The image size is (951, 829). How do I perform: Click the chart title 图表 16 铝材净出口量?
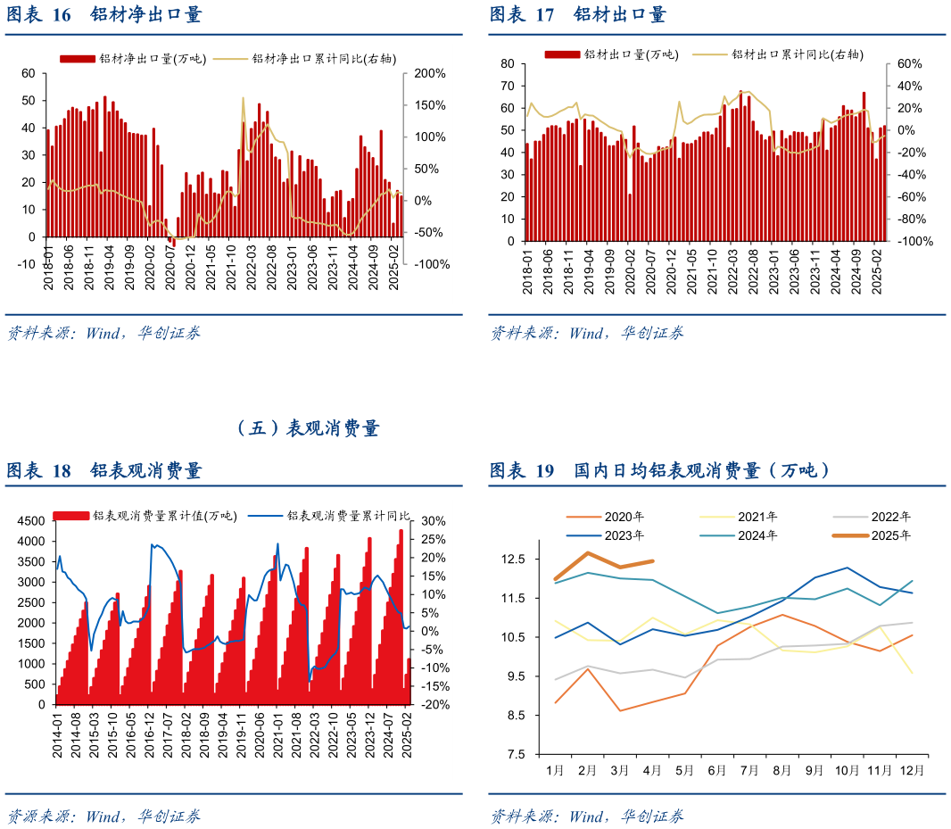pyautogui.click(x=104, y=15)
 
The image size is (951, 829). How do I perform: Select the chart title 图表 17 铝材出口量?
pyautogui.click(x=578, y=15)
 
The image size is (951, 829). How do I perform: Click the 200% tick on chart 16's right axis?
pyautogui.click(x=429, y=73)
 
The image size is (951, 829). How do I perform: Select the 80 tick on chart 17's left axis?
pyautogui.click(x=508, y=64)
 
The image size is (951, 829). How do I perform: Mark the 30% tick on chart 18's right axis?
pyautogui.click(x=433, y=521)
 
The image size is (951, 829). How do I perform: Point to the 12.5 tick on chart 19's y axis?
pyautogui.click(x=514, y=560)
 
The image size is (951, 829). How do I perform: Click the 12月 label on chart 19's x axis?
pyautogui.click(x=910, y=769)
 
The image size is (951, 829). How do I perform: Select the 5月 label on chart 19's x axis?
pyautogui.click(x=684, y=769)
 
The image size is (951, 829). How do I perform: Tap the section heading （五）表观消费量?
pyautogui.click(x=309, y=429)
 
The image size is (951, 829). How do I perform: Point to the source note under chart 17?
pyautogui.click(x=587, y=334)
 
